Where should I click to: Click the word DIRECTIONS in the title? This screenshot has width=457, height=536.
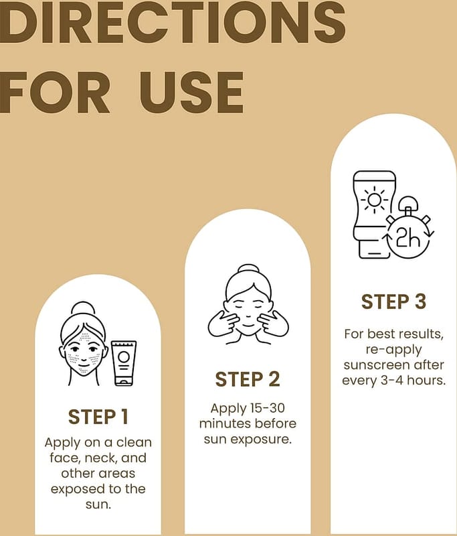tap(172, 22)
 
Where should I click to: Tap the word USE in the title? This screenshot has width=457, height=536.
tap(192, 92)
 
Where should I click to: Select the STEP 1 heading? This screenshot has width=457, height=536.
tap(98, 417)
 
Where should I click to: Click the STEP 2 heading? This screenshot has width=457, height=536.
tap(248, 379)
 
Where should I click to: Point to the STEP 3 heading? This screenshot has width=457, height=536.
tap(393, 301)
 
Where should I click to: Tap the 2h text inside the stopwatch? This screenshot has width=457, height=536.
tap(408, 237)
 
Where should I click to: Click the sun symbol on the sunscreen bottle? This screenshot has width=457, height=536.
tap(374, 200)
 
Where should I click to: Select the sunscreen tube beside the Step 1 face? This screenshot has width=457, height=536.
tap(124, 363)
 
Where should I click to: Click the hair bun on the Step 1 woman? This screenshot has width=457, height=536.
tap(81, 308)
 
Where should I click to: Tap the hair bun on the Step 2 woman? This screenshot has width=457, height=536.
tap(248, 269)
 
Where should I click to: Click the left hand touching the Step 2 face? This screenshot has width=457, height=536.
tap(223, 324)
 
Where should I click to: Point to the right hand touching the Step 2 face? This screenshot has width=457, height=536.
tap(273, 324)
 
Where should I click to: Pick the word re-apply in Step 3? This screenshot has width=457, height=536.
tap(393, 350)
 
